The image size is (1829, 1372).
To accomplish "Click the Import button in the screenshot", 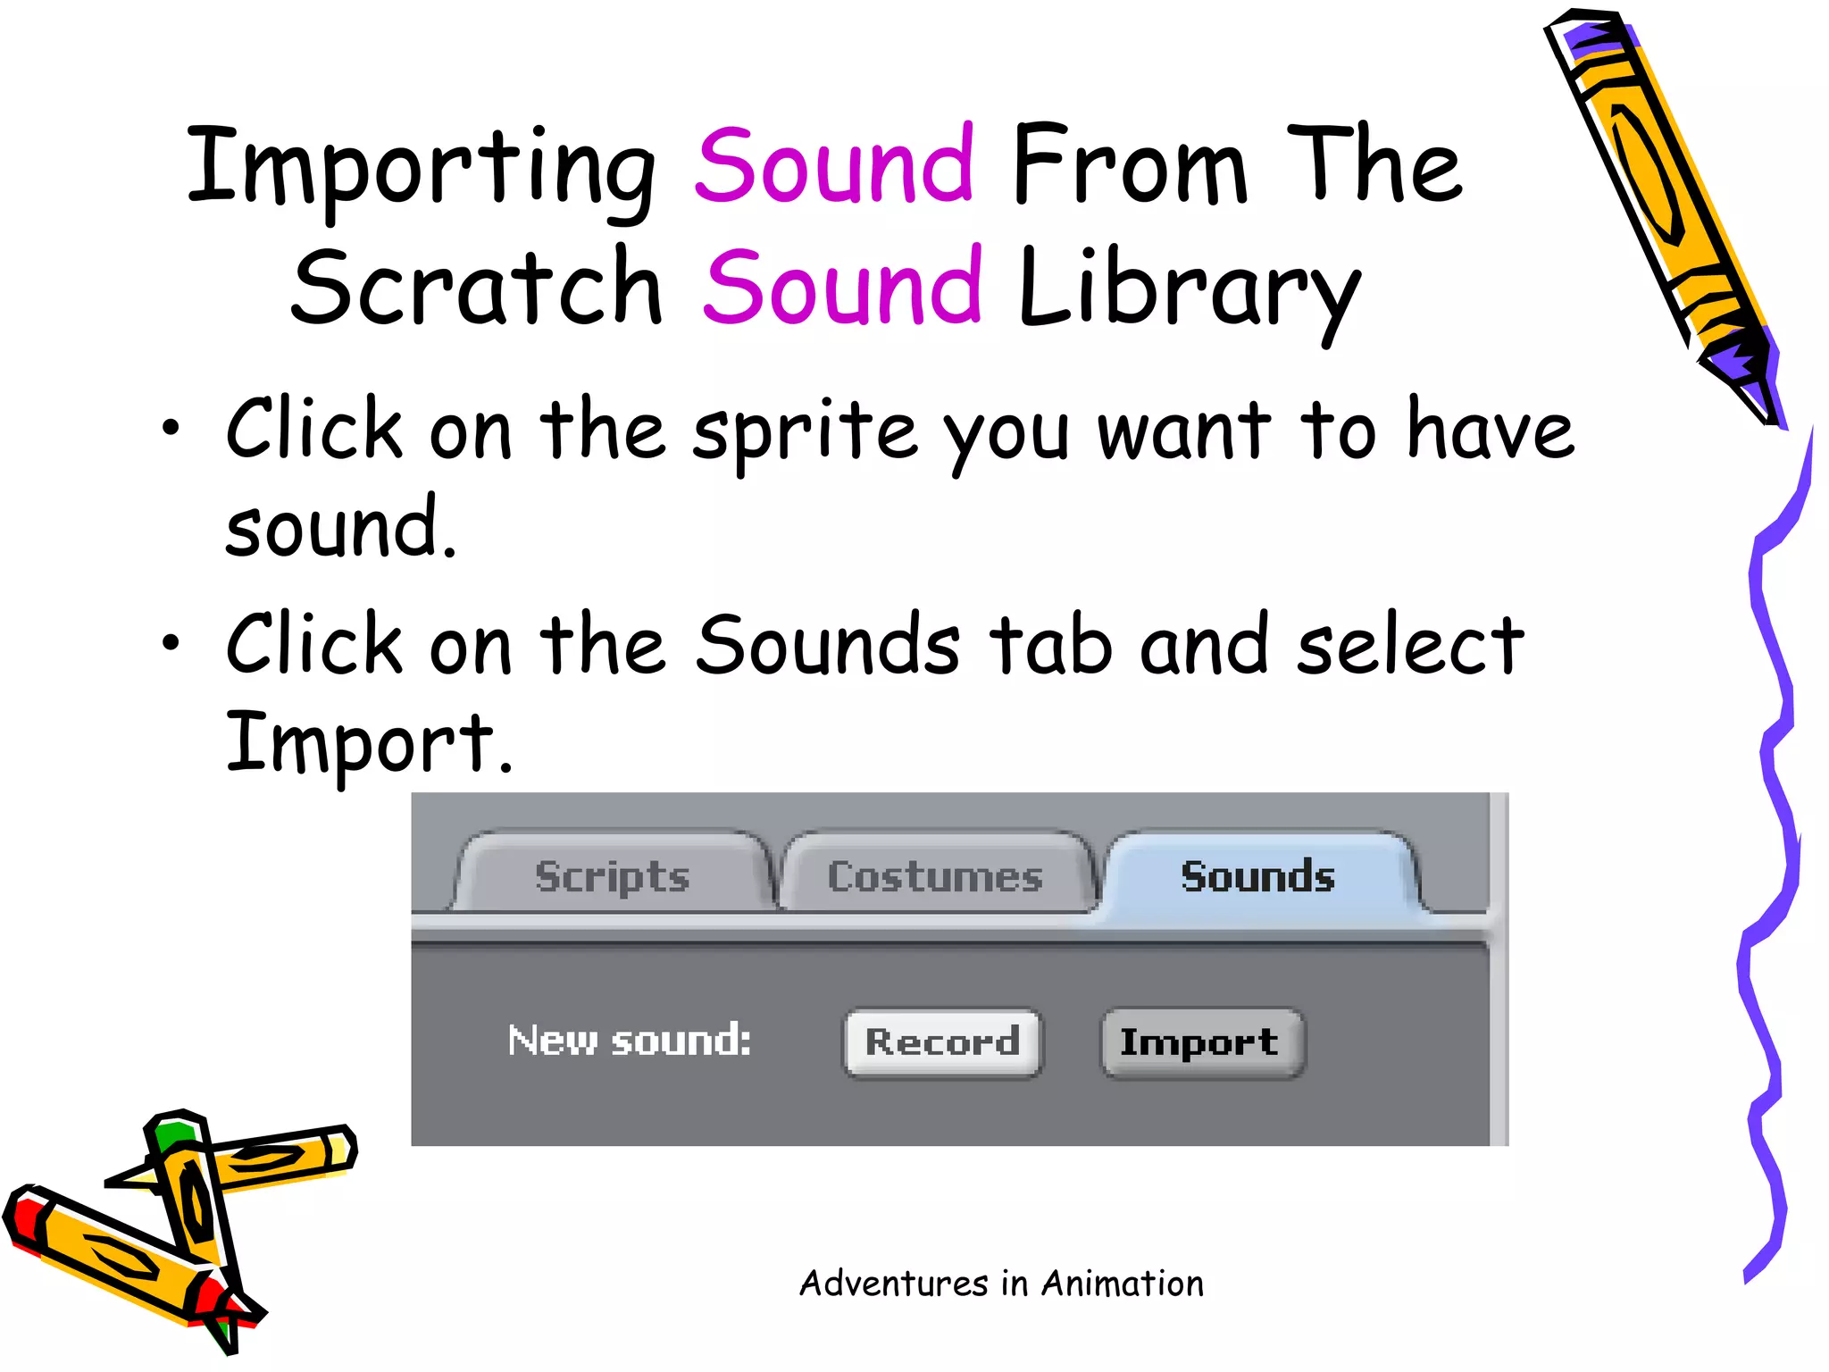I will tap(1201, 1042).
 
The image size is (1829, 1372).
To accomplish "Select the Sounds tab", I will tap(1257, 875).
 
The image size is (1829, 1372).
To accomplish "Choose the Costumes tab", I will tap(935, 875).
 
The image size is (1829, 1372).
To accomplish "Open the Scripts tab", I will tap(613, 875).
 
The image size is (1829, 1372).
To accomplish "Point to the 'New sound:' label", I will tap(630, 1041).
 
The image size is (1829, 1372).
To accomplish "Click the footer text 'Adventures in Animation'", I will tap(1001, 1284).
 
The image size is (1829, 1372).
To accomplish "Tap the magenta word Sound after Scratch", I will tap(843, 287).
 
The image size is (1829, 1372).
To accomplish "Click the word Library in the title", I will tap(1188, 290).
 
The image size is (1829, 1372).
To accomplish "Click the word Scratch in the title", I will tap(477, 287).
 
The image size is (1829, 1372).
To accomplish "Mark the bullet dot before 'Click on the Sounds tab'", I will tap(171, 641).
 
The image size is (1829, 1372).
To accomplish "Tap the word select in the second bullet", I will tap(1410, 645).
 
